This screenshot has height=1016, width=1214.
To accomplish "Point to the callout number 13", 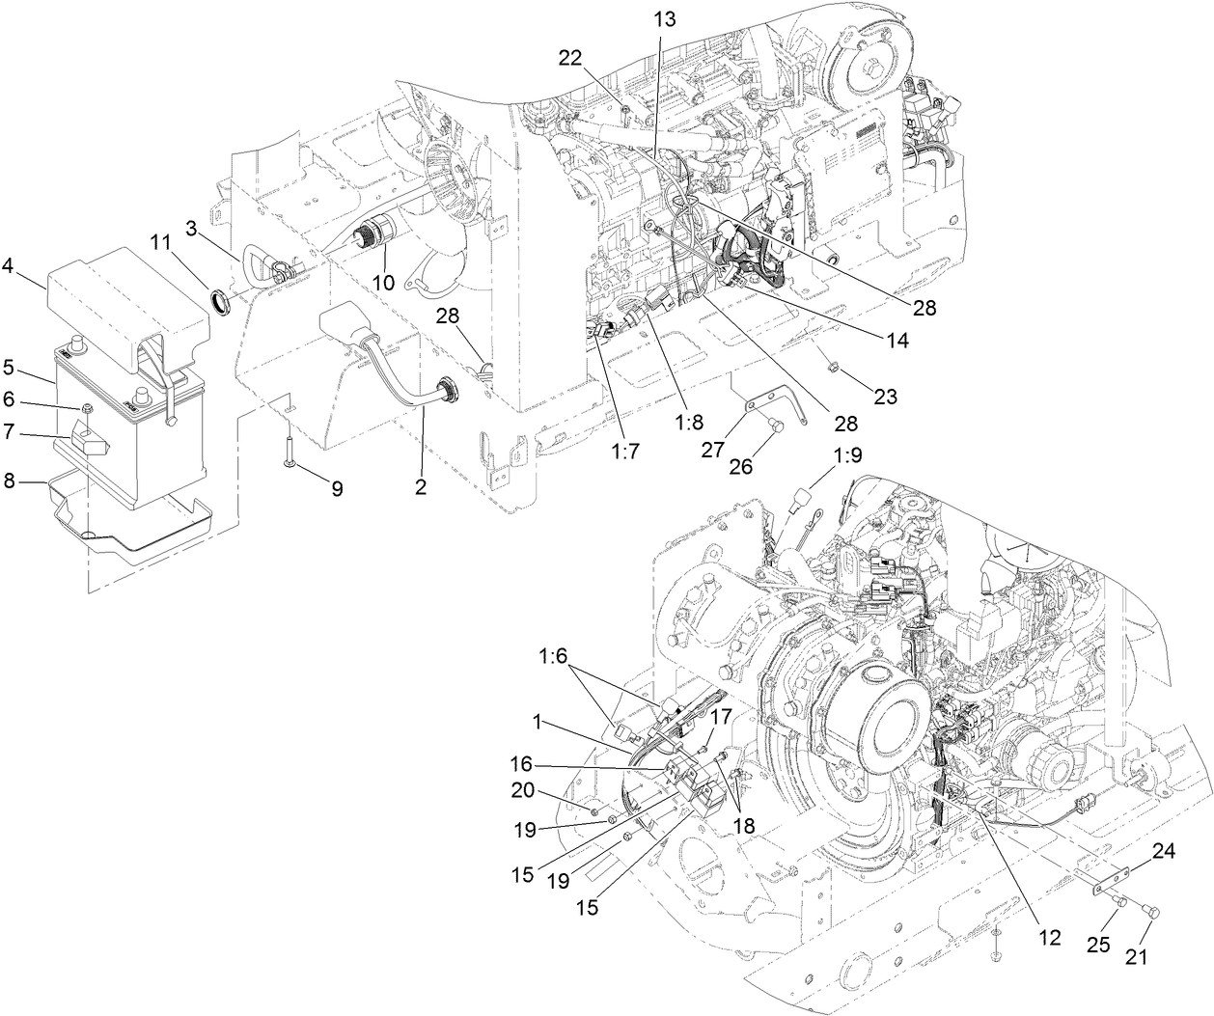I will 664,17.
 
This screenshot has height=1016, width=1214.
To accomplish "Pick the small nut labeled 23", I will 832,364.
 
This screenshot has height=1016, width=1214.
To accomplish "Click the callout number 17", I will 721,717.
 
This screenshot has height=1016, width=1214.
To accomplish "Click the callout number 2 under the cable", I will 421,488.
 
